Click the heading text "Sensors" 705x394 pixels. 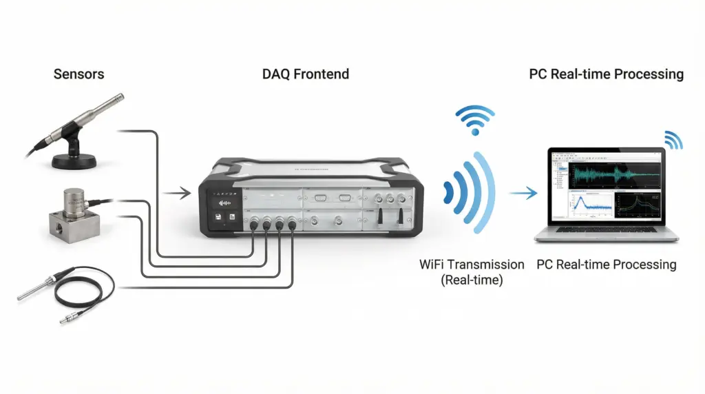tap(79, 74)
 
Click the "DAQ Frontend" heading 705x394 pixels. tap(305, 74)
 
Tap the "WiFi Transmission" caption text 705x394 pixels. tap(472, 265)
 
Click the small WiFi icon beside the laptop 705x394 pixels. tap(673, 140)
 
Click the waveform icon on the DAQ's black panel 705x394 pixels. tap(224, 203)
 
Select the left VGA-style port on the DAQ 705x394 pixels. tap(321, 198)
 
